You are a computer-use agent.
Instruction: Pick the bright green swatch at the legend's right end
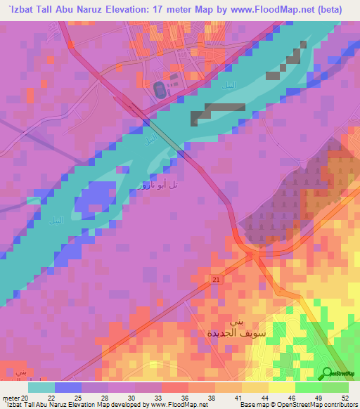[x=335, y=387]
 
